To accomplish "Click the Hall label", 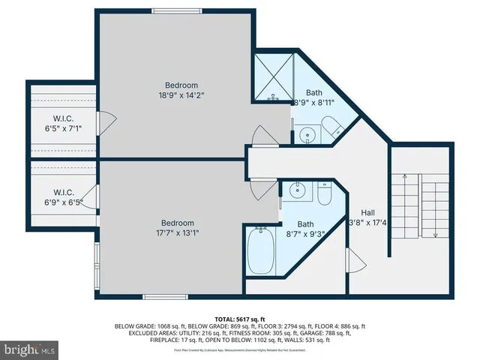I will (367, 212).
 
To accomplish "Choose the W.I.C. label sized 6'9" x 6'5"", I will (62, 191).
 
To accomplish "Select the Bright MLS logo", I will (30, 349).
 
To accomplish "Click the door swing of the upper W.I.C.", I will (107, 118).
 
